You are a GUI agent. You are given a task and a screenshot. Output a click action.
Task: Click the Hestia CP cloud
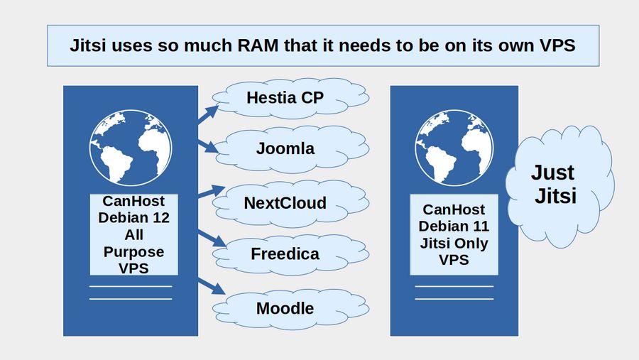(x=285, y=97)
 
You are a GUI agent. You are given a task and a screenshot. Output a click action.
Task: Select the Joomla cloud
(x=285, y=150)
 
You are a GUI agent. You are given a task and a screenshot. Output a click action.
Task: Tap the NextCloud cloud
(x=285, y=203)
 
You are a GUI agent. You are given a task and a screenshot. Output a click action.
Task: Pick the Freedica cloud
(x=285, y=254)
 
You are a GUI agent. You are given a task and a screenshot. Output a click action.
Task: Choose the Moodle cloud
(x=285, y=308)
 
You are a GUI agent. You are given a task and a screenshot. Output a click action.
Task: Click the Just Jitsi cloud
(x=557, y=185)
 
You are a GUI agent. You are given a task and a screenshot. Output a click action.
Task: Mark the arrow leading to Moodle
(x=209, y=286)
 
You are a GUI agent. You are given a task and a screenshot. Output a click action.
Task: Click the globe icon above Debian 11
(x=454, y=148)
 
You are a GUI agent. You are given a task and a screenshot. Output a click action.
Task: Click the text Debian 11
(x=454, y=227)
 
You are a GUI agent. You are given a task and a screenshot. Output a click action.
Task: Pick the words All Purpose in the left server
(x=133, y=243)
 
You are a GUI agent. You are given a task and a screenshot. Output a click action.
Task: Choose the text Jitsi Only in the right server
(x=454, y=243)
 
